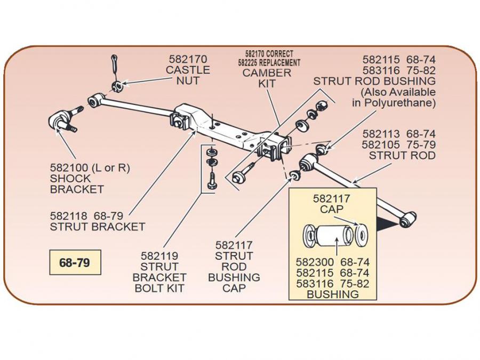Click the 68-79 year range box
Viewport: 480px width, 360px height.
[x=74, y=263]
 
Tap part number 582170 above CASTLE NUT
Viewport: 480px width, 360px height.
[x=188, y=59]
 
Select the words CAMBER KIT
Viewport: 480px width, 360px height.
[x=267, y=78]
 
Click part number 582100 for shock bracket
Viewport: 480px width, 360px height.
[x=69, y=168]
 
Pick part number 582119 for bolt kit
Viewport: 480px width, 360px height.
[x=159, y=256]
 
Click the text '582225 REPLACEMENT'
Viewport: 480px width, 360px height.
[x=269, y=62]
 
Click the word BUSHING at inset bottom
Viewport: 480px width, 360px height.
[x=333, y=294]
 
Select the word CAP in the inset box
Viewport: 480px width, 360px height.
[x=332, y=210]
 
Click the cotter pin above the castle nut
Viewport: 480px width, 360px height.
[x=115, y=65]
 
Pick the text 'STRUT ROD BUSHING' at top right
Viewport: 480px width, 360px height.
[x=374, y=81]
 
